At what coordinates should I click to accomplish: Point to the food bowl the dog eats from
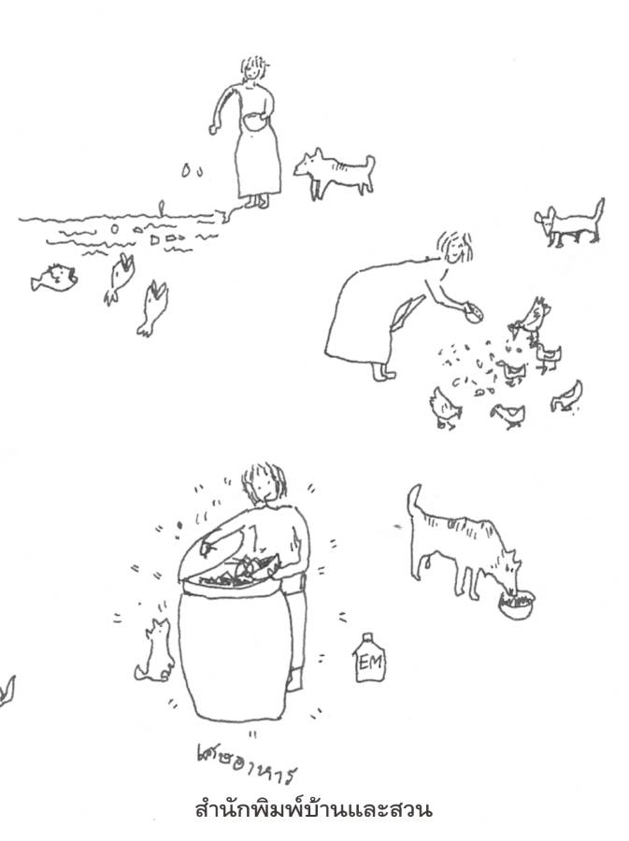click(x=517, y=604)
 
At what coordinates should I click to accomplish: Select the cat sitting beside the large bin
click(x=154, y=650)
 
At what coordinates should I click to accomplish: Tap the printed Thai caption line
click(x=313, y=809)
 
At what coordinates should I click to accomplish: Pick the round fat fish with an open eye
click(x=54, y=278)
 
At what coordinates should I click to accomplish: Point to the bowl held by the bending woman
click(x=473, y=313)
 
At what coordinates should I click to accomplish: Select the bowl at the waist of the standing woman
click(x=254, y=121)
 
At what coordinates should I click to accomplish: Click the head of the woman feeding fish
click(x=253, y=68)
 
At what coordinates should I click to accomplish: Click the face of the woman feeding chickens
click(x=456, y=248)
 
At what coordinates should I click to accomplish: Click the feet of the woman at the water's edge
click(x=256, y=202)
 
